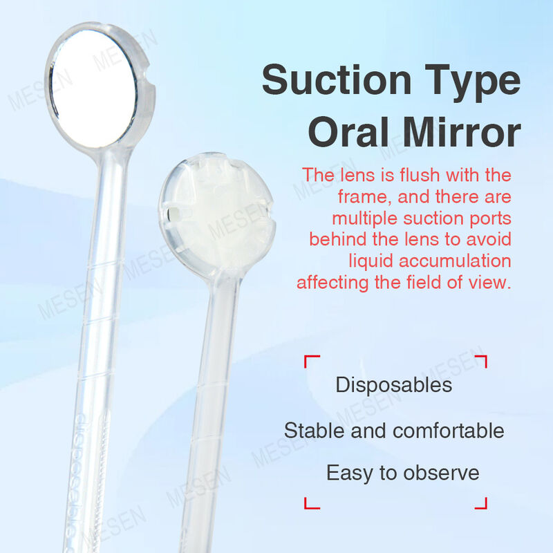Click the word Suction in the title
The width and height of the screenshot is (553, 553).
coord(337,79)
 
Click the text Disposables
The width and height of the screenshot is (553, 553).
coord(393,384)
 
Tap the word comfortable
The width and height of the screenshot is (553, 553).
coord(448,431)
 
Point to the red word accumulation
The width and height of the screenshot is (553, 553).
coord(455,261)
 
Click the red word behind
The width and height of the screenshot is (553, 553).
coord(338,239)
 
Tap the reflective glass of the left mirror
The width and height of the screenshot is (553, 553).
coord(93,88)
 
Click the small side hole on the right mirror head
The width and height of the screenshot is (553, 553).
coord(174,213)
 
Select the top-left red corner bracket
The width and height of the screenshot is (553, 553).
coord(312,361)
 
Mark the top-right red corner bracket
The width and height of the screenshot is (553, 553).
coord(481,361)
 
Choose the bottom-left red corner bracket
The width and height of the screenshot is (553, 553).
coord(312,503)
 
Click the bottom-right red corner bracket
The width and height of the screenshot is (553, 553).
coord(481,503)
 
